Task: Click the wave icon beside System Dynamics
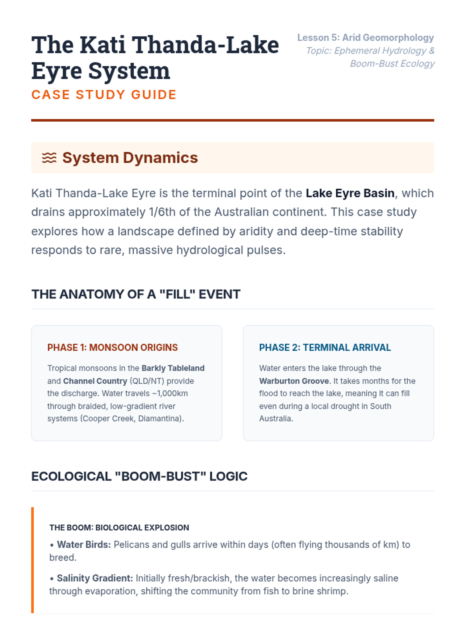(x=49, y=158)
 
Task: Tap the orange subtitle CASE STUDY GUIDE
(x=104, y=95)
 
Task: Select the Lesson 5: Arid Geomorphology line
(x=365, y=38)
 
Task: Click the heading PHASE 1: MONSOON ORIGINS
(x=112, y=348)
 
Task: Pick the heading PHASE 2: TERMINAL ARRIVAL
(x=325, y=348)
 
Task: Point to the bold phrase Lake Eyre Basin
(x=350, y=193)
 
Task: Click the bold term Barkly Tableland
(x=173, y=368)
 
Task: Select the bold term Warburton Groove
(x=294, y=381)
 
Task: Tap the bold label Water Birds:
(x=84, y=545)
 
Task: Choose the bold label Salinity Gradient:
(x=95, y=579)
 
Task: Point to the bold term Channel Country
(x=95, y=381)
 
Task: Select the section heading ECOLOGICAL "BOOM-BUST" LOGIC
(x=139, y=476)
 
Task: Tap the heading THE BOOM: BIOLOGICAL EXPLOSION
(x=119, y=528)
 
